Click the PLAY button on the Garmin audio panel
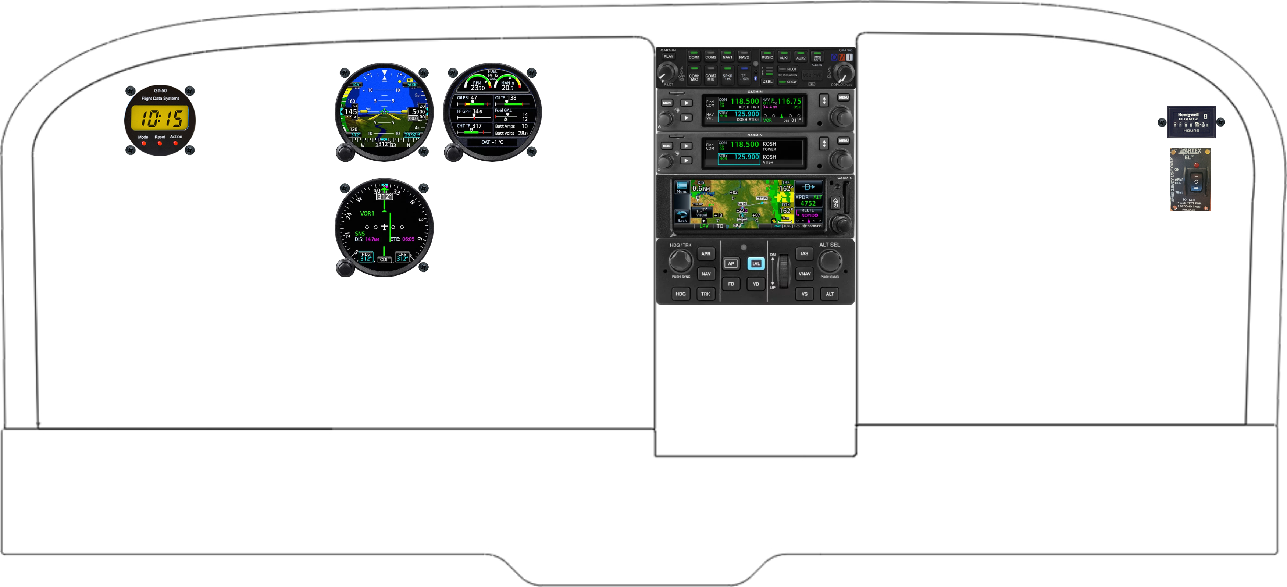[x=668, y=56]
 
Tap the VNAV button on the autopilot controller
[x=805, y=274]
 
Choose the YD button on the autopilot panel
[x=756, y=284]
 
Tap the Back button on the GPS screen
[x=682, y=216]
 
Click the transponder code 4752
[x=808, y=203]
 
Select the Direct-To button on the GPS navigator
[x=808, y=187]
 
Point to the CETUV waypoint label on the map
[x=762, y=198]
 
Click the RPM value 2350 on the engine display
[x=477, y=88]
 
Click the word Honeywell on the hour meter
[x=1188, y=115]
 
